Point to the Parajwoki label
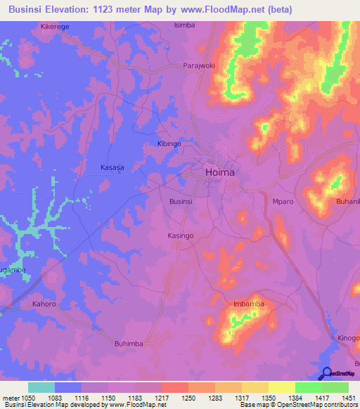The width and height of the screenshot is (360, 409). click(x=198, y=65)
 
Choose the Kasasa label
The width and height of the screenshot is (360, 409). click(x=112, y=168)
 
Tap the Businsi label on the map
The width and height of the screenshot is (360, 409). click(x=181, y=201)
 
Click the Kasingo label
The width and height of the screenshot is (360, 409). click(x=180, y=235)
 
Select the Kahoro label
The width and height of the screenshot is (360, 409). click(x=44, y=305)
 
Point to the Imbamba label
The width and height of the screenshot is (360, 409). click(x=247, y=304)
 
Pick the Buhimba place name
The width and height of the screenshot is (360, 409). click(x=129, y=344)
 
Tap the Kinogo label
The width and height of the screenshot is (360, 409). click(x=348, y=338)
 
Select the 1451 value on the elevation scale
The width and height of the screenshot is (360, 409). click(x=348, y=398)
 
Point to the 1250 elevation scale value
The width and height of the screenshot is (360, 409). click(x=188, y=398)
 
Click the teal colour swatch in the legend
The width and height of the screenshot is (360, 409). click(x=41, y=387)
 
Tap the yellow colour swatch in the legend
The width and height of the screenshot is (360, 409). click(x=282, y=387)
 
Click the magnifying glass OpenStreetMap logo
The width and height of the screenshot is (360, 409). click(x=327, y=373)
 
